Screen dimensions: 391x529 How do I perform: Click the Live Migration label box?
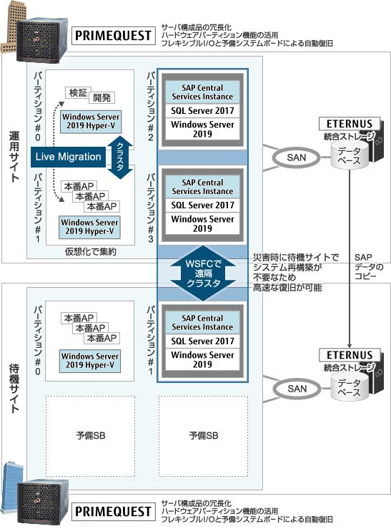pos(68,157)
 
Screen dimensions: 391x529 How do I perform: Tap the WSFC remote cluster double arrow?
pos(203,273)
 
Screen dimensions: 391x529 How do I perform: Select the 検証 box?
pos(78,93)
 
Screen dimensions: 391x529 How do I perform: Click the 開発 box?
pos(102,98)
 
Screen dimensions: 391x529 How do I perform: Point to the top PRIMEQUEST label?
pos(114,35)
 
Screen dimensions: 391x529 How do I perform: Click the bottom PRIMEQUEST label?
pos(114,511)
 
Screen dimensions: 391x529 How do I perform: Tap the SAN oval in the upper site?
pos(297,157)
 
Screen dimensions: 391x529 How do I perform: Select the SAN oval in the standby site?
pos(297,389)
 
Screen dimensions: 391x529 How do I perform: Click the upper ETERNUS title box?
pos(350,124)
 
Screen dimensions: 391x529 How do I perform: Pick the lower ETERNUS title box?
pos(350,355)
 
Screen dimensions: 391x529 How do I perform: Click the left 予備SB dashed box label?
pos(91,435)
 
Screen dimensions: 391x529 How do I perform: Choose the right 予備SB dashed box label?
pos(204,435)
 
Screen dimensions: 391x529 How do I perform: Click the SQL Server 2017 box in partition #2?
pos(202,111)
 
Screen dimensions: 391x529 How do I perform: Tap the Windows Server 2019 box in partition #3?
pos(202,223)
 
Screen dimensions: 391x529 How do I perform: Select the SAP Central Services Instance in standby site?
pos(202,323)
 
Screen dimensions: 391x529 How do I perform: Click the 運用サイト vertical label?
pos(14,157)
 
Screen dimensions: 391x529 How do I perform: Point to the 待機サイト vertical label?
pos(14,388)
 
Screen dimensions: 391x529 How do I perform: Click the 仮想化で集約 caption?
pos(91,252)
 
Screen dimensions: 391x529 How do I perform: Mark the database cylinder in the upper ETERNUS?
pos(350,155)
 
